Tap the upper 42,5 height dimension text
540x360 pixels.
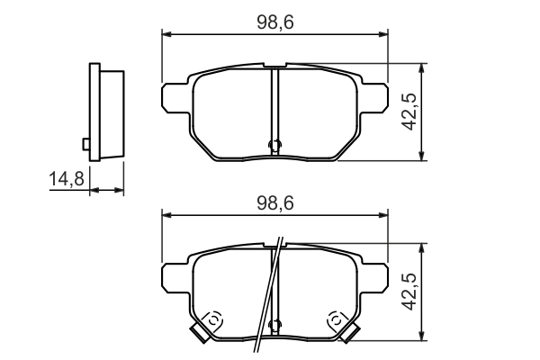pos(409,112)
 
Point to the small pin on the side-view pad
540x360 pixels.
pos(85,143)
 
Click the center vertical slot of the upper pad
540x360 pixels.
pos(275,108)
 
